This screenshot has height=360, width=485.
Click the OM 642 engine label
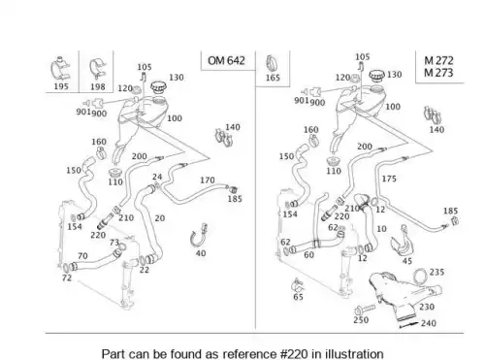pyautogui.click(x=226, y=60)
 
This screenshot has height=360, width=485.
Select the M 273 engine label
pyautogui.click(x=438, y=73)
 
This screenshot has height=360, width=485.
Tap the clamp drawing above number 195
pyautogui.click(x=60, y=69)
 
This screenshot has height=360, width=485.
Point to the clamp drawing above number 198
pyautogui.click(x=97, y=69)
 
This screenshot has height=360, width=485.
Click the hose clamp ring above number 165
pyautogui.click(x=273, y=63)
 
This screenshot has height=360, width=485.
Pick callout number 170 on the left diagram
pyautogui.click(x=208, y=180)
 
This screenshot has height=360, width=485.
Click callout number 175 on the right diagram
pyautogui.click(x=389, y=179)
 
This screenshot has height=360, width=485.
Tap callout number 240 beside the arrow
pyautogui.click(x=429, y=323)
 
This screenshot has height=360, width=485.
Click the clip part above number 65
pyautogui.click(x=298, y=285)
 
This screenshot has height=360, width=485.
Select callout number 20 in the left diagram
pyautogui.click(x=160, y=218)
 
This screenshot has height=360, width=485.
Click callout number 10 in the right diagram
pyautogui.click(x=381, y=229)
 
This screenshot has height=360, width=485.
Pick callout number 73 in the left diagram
pyautogui.click(x=114, y=243)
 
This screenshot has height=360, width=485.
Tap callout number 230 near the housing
pyautogui.click(x=427, y=307)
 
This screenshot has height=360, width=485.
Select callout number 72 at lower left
pyautogui.click(x=67, y=278)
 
